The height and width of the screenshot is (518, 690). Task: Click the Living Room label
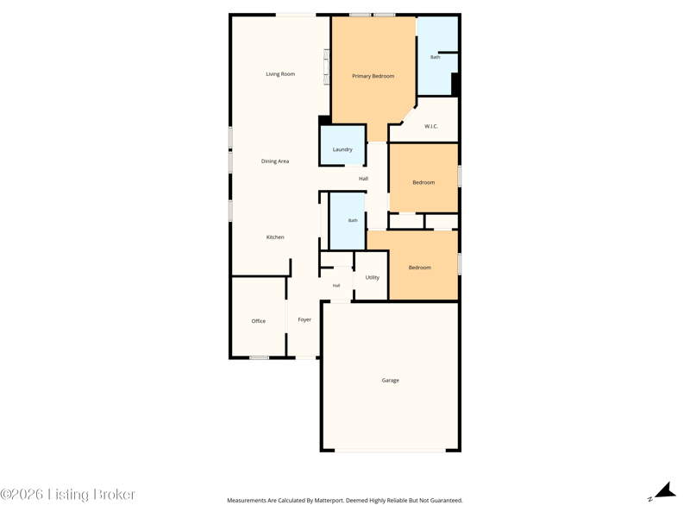point(280,74)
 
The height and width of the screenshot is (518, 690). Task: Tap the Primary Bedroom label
point(373,76)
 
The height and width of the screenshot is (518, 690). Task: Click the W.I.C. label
point(431,126)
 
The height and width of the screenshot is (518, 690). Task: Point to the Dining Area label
point(275,161)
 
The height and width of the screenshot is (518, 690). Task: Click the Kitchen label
point(275,237)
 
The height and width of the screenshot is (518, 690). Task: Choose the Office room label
point(258,321)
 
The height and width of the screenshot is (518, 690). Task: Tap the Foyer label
point(304,319)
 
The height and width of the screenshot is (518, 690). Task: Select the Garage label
point(391,380)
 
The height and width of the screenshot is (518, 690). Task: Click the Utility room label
point(373,277)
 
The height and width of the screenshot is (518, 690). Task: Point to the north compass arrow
point(666,490)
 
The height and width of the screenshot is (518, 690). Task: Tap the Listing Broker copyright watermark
point(68,494)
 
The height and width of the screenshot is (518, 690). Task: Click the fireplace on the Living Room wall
point(327,66)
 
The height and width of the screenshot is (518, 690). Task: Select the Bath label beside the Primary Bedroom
point(436,57)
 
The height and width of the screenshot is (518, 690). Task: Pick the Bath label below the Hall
point(353,220)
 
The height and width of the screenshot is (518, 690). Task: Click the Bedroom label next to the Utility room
point(420,268)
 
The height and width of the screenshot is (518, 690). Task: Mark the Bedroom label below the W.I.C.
point(423,182)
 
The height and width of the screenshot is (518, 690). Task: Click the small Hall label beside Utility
point(336,286)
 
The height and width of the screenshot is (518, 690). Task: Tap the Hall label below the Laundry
point(363,179)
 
